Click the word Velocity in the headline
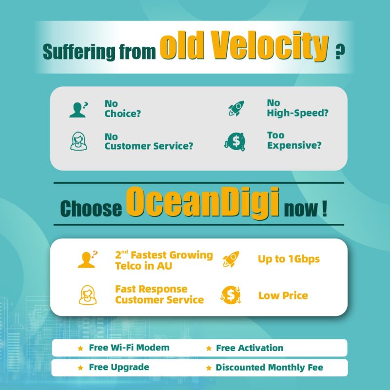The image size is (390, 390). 271,46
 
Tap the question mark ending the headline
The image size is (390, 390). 340,52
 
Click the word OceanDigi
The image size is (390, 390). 203,203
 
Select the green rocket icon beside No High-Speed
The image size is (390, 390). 236,108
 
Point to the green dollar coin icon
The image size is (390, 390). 235,141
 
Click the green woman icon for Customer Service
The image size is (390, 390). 78,141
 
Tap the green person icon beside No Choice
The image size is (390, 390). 78,109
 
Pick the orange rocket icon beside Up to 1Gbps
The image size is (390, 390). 231,259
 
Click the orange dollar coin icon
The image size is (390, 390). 231,295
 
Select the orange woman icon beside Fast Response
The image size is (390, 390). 88,295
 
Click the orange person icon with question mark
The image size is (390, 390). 88,259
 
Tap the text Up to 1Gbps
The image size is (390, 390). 289,259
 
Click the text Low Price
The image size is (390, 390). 283,295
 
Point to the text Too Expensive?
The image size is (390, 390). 294,140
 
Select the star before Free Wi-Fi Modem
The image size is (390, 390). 80,348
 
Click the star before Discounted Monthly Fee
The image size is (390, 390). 209,368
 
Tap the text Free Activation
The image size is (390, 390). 250,348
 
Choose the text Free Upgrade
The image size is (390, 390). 119,368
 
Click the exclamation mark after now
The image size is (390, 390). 324,209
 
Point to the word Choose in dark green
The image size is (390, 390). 91,209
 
